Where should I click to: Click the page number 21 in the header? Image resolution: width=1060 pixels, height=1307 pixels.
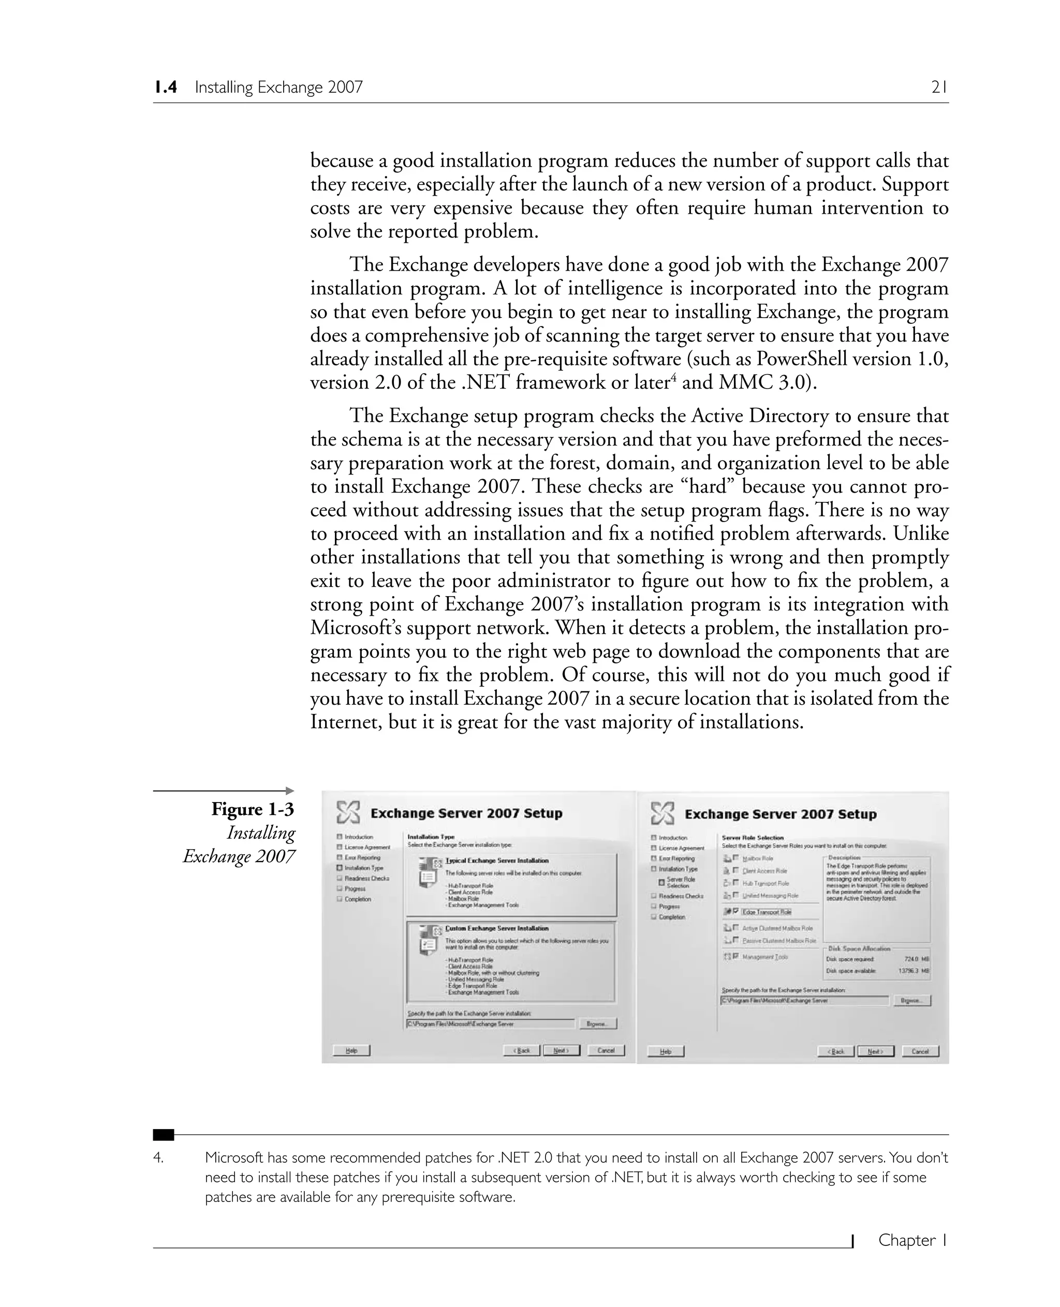click(x=938, y=87)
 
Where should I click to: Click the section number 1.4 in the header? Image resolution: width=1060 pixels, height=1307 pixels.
click(x=166, y=87)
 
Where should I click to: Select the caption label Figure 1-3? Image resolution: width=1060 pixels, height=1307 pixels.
click(x=253, y=809)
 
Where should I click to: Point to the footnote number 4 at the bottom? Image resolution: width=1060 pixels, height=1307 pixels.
click(x=158, y=1158)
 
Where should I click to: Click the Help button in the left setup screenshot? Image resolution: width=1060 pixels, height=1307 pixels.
click(x=351, y=1050)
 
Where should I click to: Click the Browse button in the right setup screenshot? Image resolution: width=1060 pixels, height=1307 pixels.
click(x=911, y=1001)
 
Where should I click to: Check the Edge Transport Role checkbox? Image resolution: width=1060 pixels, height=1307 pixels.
click(x=736, y=911)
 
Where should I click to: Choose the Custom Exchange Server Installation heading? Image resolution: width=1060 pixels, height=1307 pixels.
click(x=497, y=929)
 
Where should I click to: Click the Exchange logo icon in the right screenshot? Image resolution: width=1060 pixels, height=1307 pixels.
click(x=662, y=814)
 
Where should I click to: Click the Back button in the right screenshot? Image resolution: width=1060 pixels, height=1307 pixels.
click(x=835, y=1051)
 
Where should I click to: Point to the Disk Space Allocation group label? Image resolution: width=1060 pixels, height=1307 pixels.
click(x=859, y=948)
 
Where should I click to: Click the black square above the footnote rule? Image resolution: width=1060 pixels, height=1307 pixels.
click(x=163, y=1135)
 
